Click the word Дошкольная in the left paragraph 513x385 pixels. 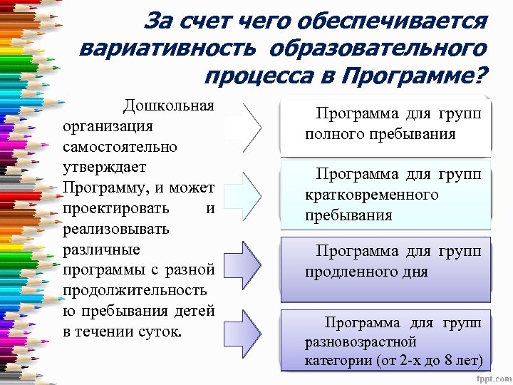click(168, 106)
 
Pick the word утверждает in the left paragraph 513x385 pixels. click(104, 168)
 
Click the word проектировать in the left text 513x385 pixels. click(115, 209)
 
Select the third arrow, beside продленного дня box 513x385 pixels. click(251, 262)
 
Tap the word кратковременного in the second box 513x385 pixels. click(371, 195)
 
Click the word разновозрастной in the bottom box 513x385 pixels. click(360, 342)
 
